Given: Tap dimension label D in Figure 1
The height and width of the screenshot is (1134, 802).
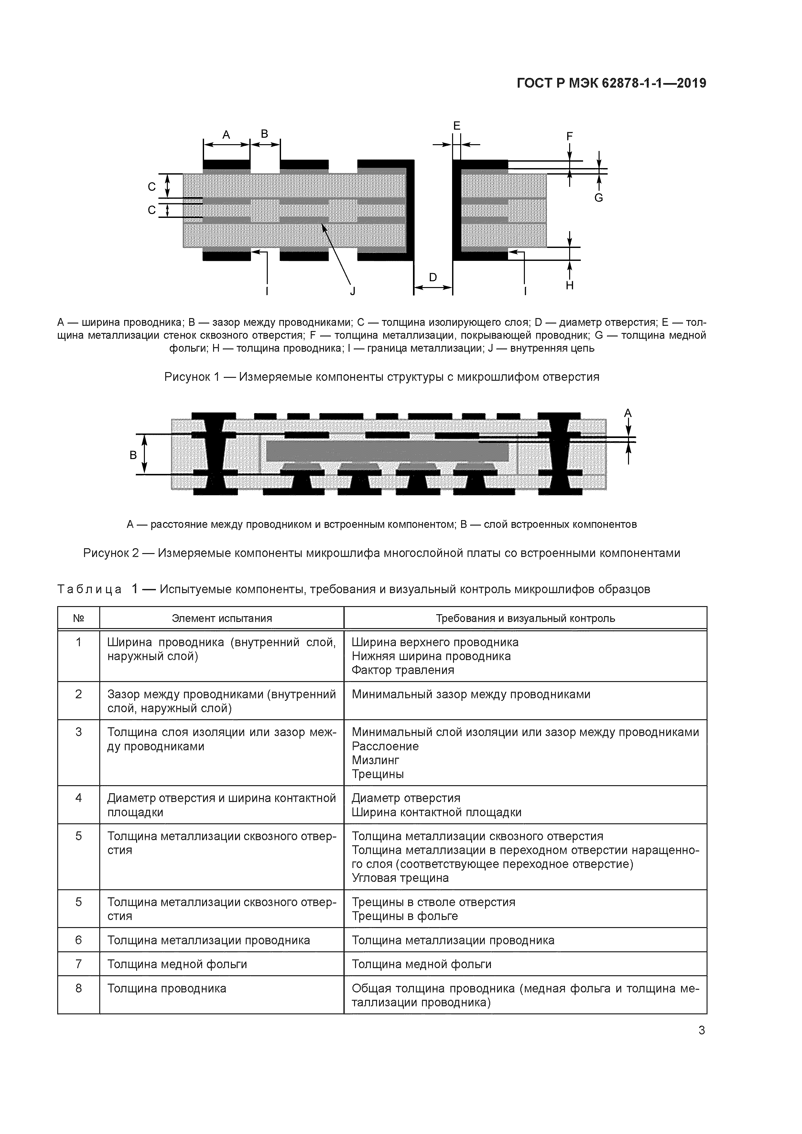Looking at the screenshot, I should (433, 278).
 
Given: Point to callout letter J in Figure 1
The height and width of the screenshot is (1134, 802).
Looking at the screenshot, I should (353, 291).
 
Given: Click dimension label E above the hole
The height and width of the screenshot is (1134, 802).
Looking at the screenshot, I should (457, 126).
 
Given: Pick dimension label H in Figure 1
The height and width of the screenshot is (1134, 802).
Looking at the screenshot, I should (570, 285).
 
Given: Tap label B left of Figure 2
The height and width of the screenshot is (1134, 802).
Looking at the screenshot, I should (133, 455).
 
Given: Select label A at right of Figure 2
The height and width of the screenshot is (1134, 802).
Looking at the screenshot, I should (628, 413).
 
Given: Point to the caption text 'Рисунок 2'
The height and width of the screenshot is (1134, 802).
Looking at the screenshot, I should (111, 553).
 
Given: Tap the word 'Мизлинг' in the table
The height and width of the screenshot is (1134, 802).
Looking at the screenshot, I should (375, 760).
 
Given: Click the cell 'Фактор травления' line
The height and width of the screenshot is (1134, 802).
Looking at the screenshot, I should (403, 670).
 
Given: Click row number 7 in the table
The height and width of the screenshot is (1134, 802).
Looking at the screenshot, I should (79, 964).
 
